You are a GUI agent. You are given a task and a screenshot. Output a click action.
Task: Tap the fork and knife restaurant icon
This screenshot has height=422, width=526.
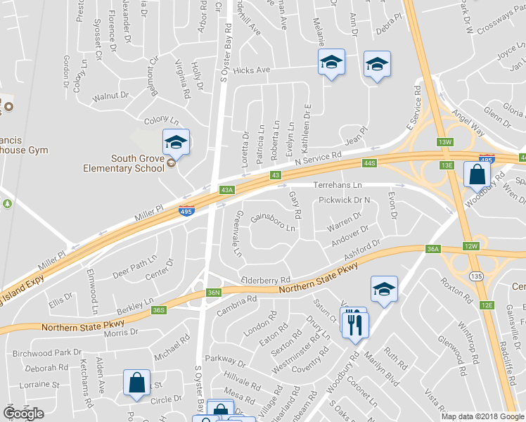355,322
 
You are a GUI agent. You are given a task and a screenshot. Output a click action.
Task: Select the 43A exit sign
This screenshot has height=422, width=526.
226,189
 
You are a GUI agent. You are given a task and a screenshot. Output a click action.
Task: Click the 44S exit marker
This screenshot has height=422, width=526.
371,163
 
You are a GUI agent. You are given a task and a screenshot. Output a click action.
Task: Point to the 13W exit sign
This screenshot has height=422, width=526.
444,142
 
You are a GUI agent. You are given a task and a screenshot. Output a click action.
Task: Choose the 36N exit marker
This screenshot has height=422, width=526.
214,293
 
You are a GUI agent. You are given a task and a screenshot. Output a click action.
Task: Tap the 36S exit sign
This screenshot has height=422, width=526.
159,310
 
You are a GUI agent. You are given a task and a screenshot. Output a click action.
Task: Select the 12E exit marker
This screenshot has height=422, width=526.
487,305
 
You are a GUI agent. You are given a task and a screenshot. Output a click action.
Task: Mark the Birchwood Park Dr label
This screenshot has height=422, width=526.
47,352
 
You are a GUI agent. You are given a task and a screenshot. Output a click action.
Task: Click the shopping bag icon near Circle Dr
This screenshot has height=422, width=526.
136,382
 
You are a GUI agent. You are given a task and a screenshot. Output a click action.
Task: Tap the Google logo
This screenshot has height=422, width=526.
23,414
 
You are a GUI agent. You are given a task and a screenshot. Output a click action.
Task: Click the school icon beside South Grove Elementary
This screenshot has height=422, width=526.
176,142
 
